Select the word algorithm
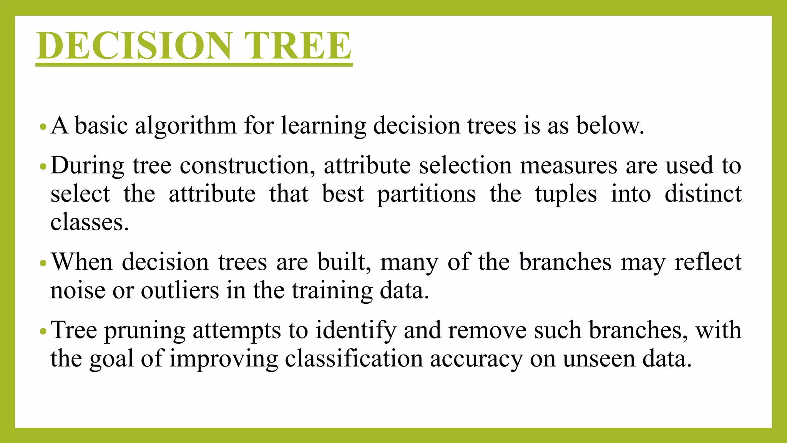coord(186,126)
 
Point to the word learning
coord(324,126)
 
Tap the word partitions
coord(426,194)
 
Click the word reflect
coord(708,262)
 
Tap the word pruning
coord(145,331)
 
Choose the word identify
coord(356,331)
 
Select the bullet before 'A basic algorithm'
coord(43,127)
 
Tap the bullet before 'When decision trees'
coord(43,263)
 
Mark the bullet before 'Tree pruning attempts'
coord(43,331)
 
